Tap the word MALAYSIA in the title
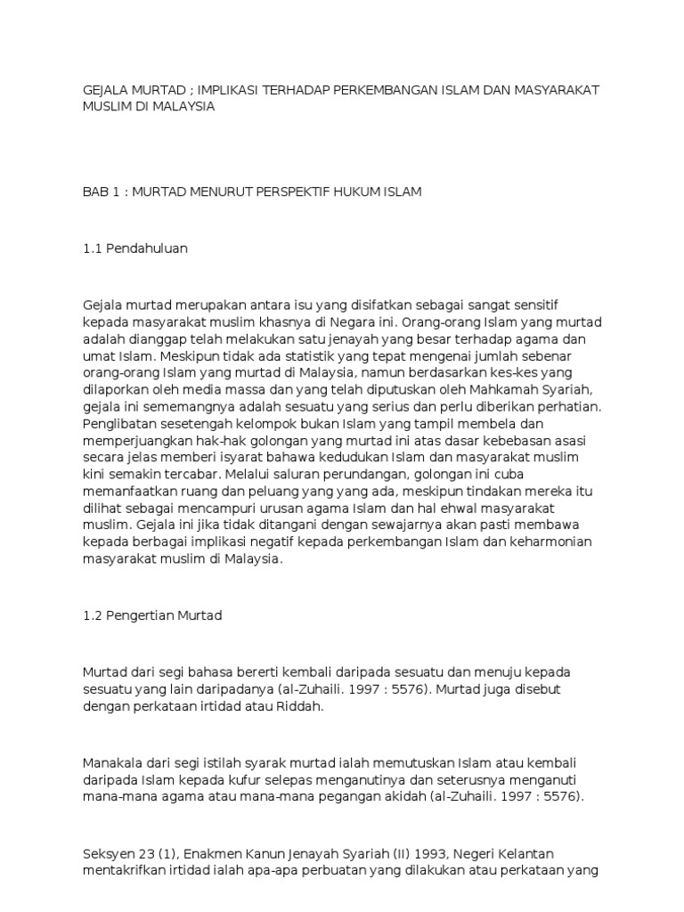tap(181, 106)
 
